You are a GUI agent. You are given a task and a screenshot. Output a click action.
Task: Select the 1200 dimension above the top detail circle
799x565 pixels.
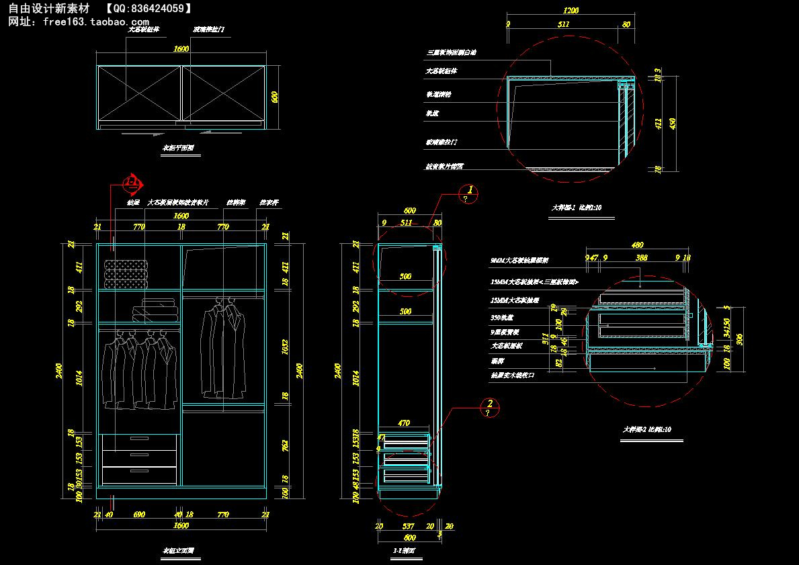571,11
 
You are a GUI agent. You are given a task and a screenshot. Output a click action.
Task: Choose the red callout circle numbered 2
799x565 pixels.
490,406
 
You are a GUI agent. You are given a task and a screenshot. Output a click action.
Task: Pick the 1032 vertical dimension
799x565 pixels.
284,346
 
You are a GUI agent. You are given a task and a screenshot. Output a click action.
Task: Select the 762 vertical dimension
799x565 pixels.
284,444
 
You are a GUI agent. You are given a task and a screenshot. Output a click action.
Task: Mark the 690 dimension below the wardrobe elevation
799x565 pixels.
139,515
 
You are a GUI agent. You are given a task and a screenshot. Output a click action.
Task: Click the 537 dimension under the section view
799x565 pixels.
408,527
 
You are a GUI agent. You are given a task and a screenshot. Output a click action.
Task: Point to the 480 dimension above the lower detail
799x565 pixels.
638,245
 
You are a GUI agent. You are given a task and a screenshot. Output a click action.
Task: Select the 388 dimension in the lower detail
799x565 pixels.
642,257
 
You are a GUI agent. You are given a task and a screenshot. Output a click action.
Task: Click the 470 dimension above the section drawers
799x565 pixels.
404,424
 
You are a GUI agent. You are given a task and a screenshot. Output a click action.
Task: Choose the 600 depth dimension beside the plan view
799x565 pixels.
274,97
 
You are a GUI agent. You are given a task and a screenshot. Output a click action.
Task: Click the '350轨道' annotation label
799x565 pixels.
502,317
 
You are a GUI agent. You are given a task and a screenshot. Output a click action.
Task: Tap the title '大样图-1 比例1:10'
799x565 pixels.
576,208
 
